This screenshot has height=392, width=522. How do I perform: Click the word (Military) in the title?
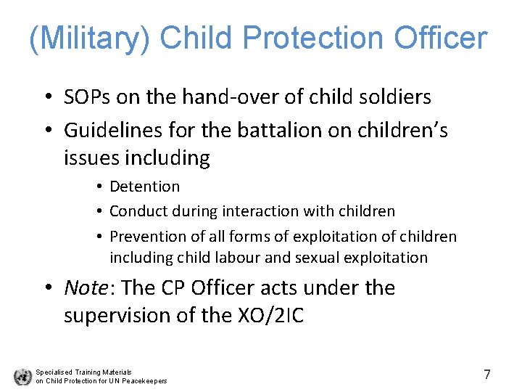pos(89,38)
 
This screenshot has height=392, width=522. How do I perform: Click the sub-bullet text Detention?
pos(144,187)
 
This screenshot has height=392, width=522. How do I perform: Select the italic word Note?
pos(86,288)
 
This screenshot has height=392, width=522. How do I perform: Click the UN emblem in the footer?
pos(22,377)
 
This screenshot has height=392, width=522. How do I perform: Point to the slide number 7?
pos(487,375)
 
